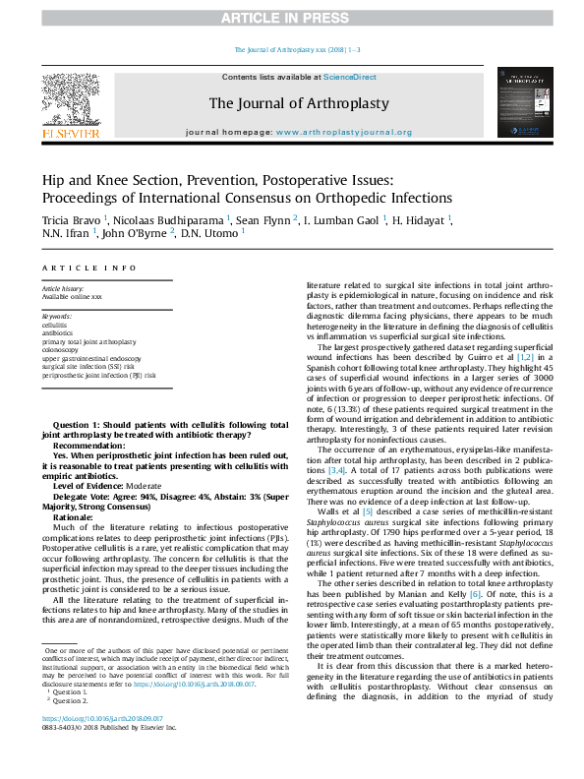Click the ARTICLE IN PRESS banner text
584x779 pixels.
292,19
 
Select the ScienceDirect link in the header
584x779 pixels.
351,77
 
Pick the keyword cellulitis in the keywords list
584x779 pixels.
55,324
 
